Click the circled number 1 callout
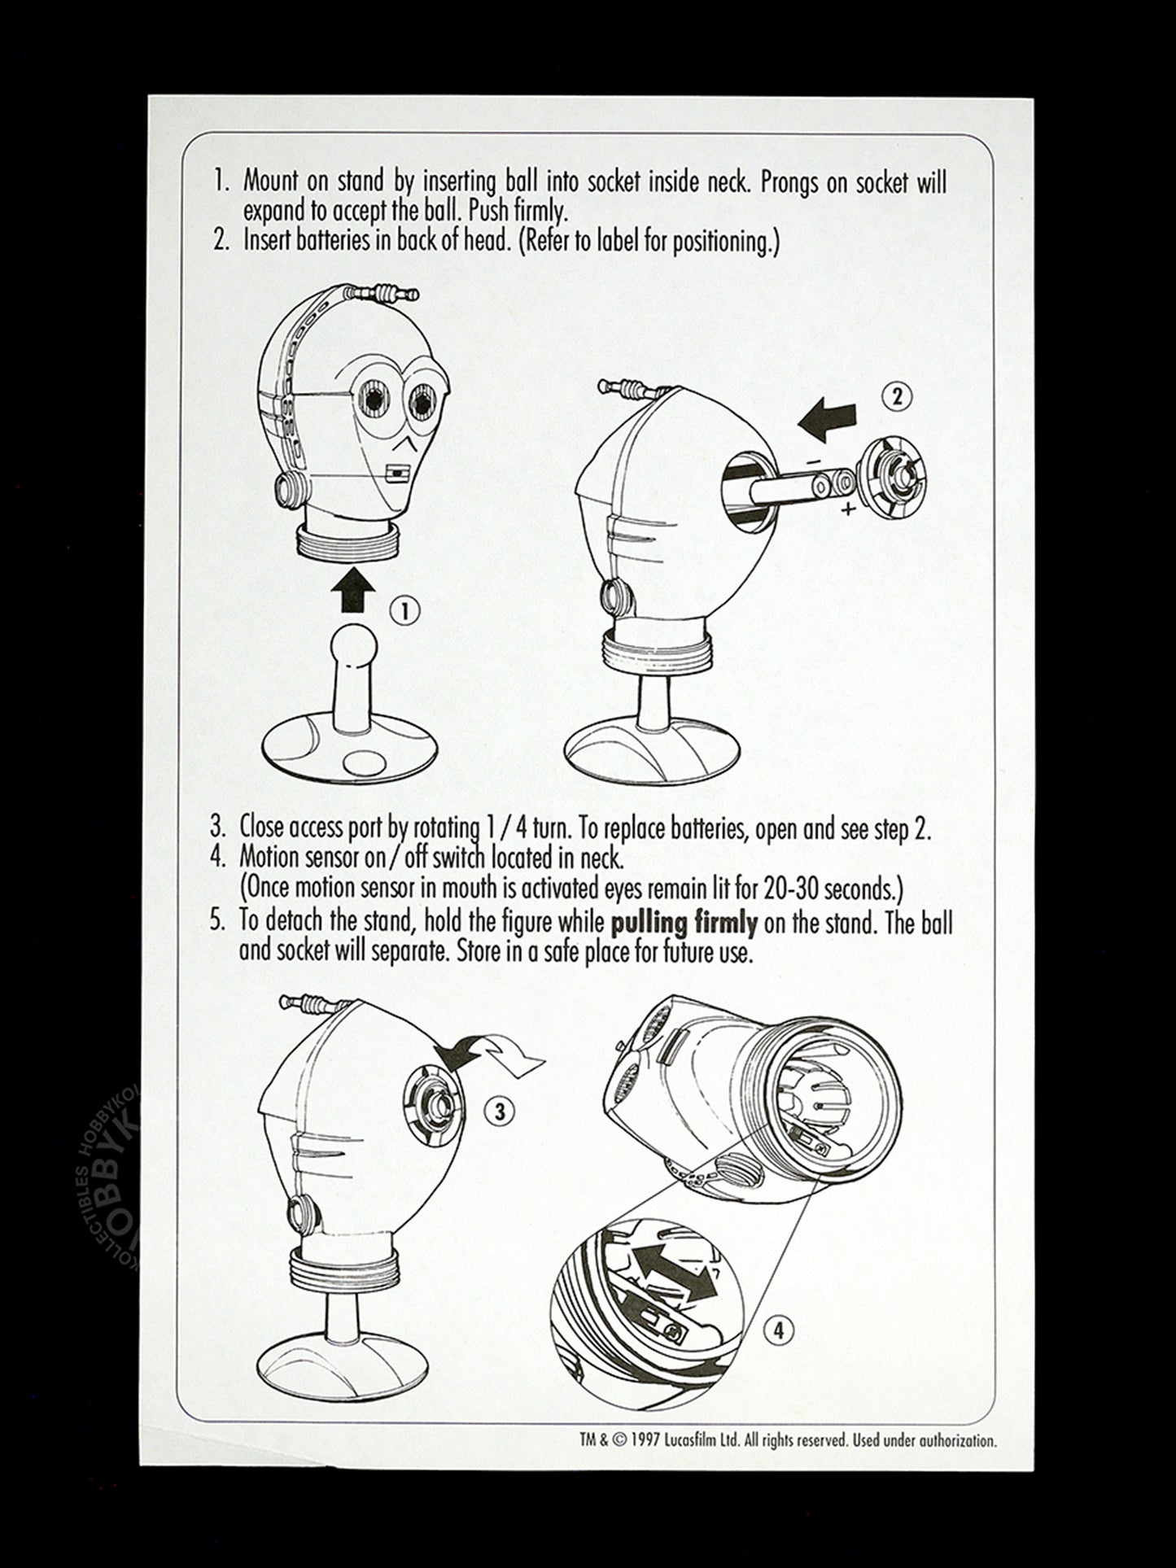[x=405, y=610]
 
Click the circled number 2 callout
[x=897, y=396]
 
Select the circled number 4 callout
[x=780, y=1330]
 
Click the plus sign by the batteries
[x=849, y=510]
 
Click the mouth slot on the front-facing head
[x=396, y=472]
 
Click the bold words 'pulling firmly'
[x=684, y=923]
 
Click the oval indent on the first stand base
[x=364, y=762]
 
